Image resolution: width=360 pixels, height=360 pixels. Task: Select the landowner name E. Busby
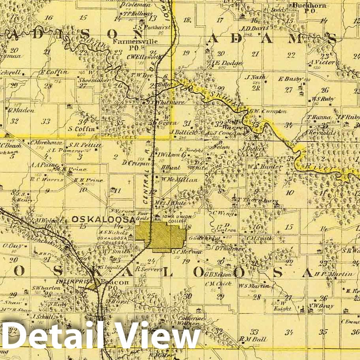290,79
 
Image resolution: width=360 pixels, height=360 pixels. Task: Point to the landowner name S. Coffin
81,128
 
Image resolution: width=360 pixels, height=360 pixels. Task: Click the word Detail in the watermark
53,336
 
